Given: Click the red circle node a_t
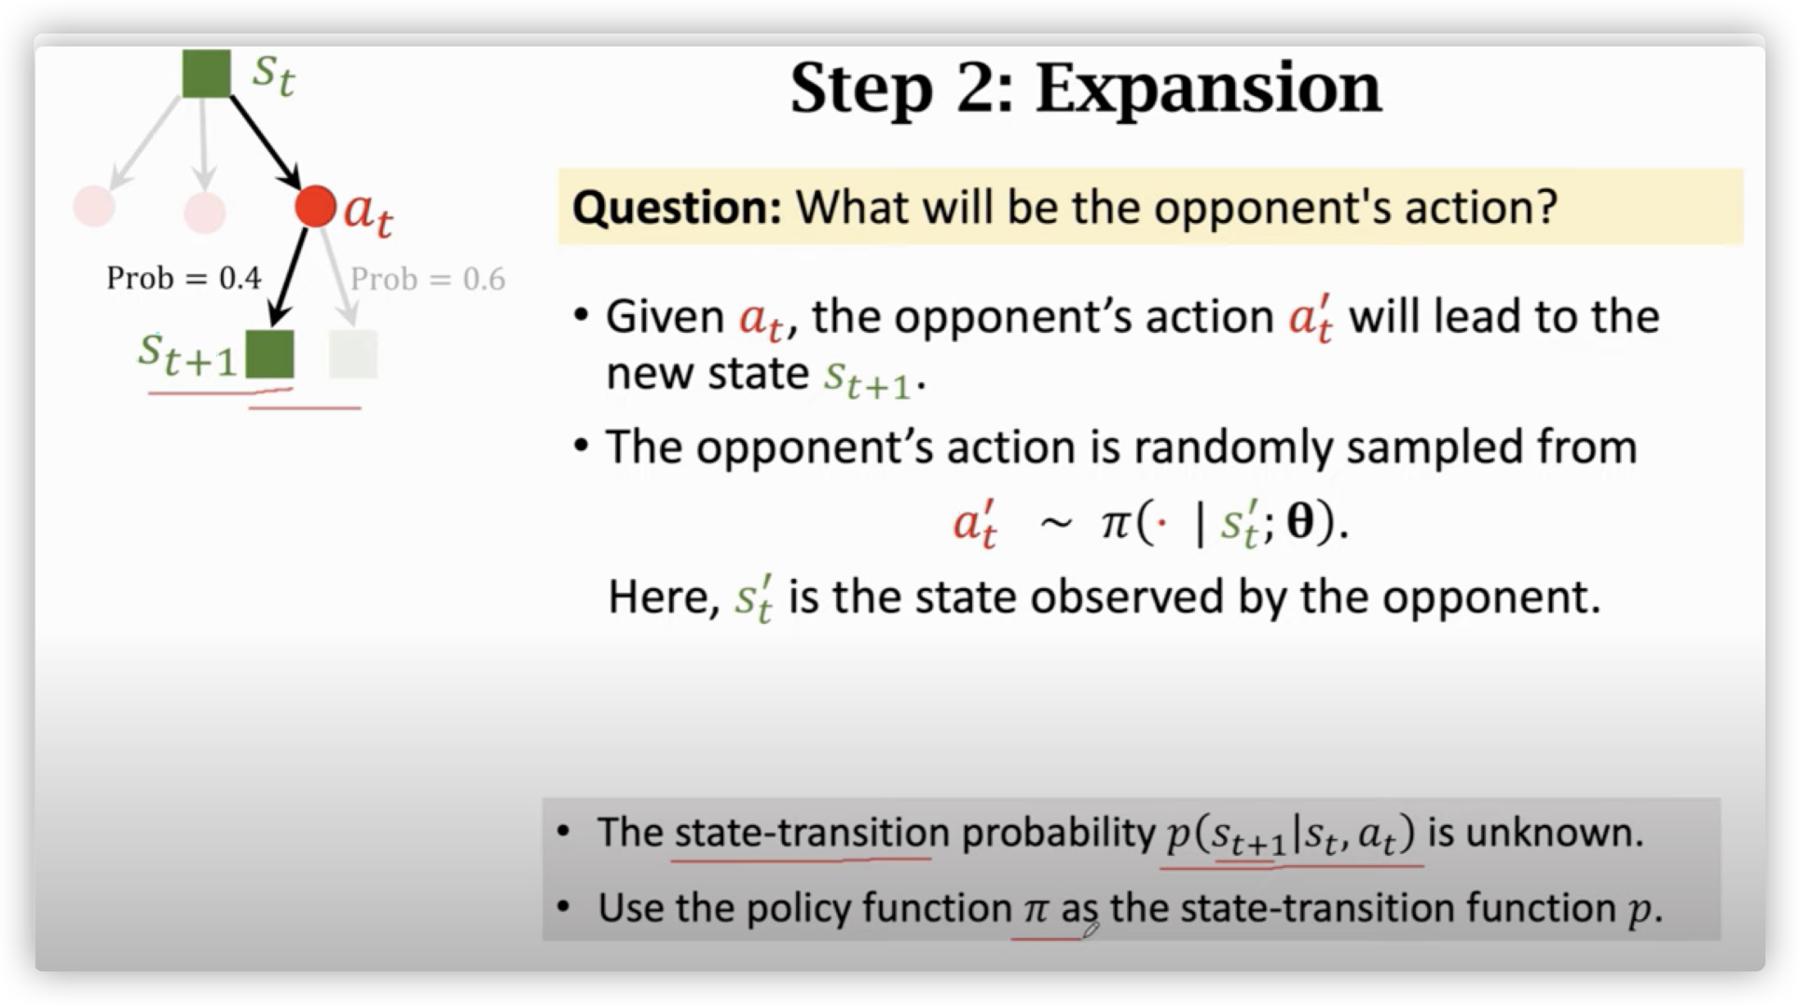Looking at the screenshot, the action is (x=315, y=206).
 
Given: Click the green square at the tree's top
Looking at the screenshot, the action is (x=206, y=74).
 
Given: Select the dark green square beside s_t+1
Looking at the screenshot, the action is (x=269, y=354).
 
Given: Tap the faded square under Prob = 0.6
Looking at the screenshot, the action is (x=353, y=354).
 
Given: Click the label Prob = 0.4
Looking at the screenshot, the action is (x=184, y=278).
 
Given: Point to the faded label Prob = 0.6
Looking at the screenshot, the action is (x=428, y=279).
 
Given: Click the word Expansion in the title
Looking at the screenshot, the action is (x=1208, y=90).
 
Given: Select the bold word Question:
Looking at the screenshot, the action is (x=677, y=207).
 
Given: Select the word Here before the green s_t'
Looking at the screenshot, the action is (x=661, y=598).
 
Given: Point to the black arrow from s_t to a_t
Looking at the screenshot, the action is (x=265, y=142).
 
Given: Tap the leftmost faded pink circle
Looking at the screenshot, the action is (x=94, y=206).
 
